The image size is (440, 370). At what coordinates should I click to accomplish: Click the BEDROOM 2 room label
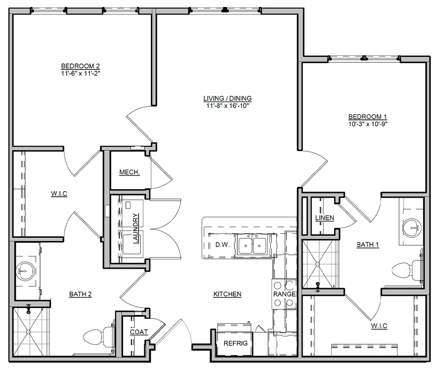(x=80, y=66)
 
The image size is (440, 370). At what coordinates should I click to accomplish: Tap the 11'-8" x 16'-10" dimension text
(x=228, y=106)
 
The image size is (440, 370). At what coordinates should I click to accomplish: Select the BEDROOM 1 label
(x=368, y=117)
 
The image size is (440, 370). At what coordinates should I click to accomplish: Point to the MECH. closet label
(x=130, y=172)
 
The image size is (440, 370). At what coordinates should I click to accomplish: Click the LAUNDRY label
(x=136, y=228)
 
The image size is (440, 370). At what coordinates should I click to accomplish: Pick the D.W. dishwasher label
(x=223, y=245)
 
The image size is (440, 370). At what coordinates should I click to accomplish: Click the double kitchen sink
(x=252, y=245)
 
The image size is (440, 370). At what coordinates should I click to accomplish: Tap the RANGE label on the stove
(x=285, y=294)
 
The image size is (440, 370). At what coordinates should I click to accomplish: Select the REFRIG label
(x=235, y=343)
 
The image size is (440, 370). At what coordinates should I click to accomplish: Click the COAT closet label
(x=139, y=332)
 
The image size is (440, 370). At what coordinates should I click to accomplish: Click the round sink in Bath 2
(x=25, y=271)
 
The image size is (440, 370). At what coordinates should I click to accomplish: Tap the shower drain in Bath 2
(x=28, y=332)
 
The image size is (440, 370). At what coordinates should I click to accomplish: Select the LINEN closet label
(x=325, y=218)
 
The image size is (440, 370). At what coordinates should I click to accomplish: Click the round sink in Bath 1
(x=412, y=227)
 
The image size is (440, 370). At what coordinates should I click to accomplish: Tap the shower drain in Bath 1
(x=317, y=264)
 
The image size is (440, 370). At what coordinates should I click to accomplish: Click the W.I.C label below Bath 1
(x=379, y=326)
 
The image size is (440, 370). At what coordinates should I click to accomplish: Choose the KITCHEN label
(x=228, y=294)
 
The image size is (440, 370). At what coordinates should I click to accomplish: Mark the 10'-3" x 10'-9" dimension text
(x=368, y=124)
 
